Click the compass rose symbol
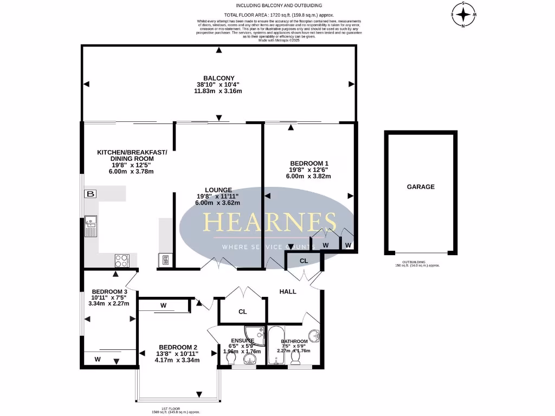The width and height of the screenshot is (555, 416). click(x=463, y=14)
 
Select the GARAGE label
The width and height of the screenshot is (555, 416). click(x=421, y=187)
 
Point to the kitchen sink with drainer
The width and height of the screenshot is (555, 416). click(x=90, y=226)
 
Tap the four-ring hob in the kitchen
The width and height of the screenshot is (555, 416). click(x=122, y=261)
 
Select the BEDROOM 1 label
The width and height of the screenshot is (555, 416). click(x=309, y=163)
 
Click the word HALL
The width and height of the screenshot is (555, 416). click(x=288, y=291)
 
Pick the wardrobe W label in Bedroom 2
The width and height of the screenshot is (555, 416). click(x=163, y=305)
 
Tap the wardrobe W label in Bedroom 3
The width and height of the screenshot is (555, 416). click(x=98, y=359)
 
